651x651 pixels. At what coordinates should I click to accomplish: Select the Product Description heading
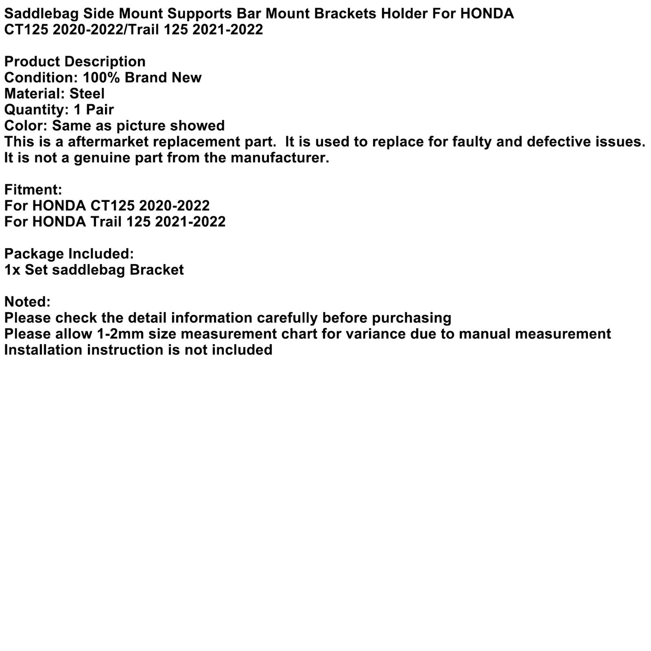(x=75, y=62)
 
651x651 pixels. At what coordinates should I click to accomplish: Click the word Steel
(x=87, y=94)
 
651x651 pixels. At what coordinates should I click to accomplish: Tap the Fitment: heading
(x=33, y=190)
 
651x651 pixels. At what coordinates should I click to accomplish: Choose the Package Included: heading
(x=69, y=254)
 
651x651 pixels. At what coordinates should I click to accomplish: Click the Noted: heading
(x=27, y=302)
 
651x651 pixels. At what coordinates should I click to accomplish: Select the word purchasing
(x=411, y=318)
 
